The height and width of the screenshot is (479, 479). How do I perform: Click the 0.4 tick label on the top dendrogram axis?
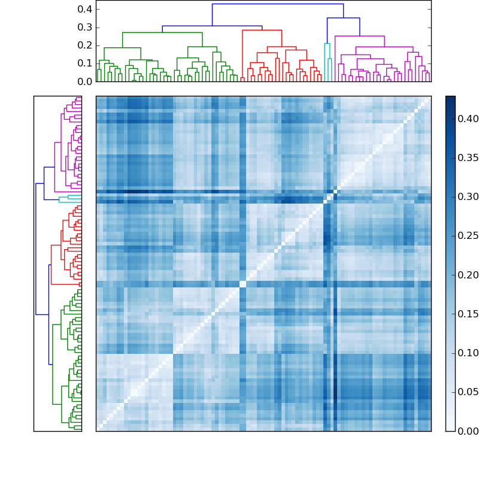pyautogui.click(x=86, y=9)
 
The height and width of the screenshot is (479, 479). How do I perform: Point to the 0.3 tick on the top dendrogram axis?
pyautogui.click(x=86, y=27)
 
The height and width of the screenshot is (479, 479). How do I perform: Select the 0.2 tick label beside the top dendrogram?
pyautogui.click(x=86, y=45)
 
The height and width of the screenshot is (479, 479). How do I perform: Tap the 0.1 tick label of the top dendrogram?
pyautogui.click(x=86, y=63)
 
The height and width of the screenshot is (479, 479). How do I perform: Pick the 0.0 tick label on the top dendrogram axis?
pyautogui.click(x=86, y=81)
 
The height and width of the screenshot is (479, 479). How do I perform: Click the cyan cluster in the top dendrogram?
pyautogui.click(x=327, y=44)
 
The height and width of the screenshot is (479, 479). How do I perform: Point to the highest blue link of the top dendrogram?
pyautogui.click(x=277, y=4)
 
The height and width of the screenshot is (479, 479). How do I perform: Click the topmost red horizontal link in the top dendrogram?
pyautogui.click(x=262, y=30)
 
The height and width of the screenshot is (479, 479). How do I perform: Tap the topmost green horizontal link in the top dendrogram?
pyautogui.click(x=162, y=32)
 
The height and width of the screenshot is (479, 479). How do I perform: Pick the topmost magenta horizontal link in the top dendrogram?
pyautogui.click(x=359, y=37)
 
